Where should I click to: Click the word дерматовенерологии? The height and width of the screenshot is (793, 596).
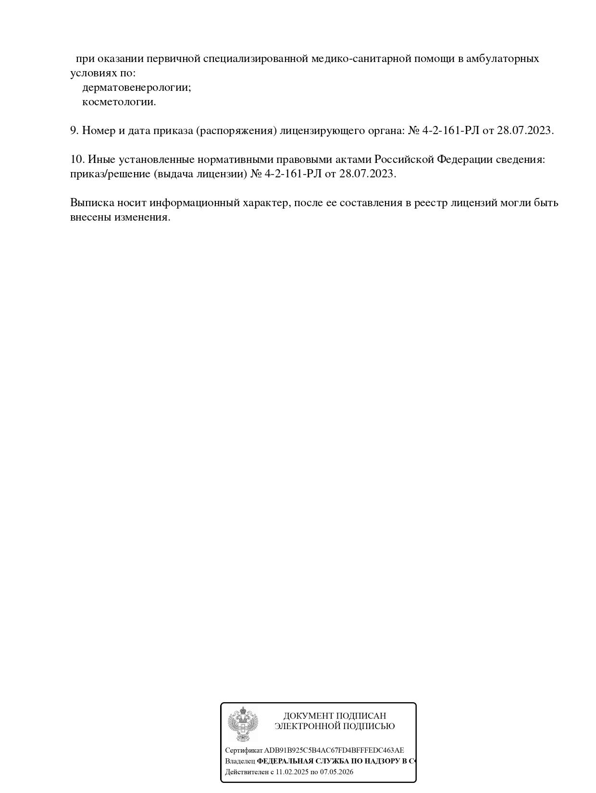click(x=137, y=87)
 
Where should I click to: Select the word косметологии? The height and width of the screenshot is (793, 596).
click(x=119, y=102)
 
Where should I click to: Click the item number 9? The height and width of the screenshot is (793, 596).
click(x=74, y=131)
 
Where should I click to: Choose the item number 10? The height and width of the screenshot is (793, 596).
click(x=77, y=160)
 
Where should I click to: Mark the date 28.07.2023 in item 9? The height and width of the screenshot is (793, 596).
click(x=525, y=131)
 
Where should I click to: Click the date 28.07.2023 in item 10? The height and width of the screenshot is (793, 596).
click(x=367, y=174)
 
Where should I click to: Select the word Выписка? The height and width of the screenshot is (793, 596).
click(x=92, y=203)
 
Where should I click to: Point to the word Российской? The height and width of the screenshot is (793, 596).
click(x=404, y=160)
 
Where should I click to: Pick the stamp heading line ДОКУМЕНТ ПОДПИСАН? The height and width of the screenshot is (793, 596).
click(x=335, y=716)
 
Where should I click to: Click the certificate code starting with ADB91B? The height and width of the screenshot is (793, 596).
click(x=334, y=750)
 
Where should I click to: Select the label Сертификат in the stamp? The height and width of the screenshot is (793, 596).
click(x=244, y=750)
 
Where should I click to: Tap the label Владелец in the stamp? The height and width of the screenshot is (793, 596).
click(x=240, y=761)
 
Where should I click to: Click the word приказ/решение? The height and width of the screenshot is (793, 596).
click(x=110, y=174)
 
